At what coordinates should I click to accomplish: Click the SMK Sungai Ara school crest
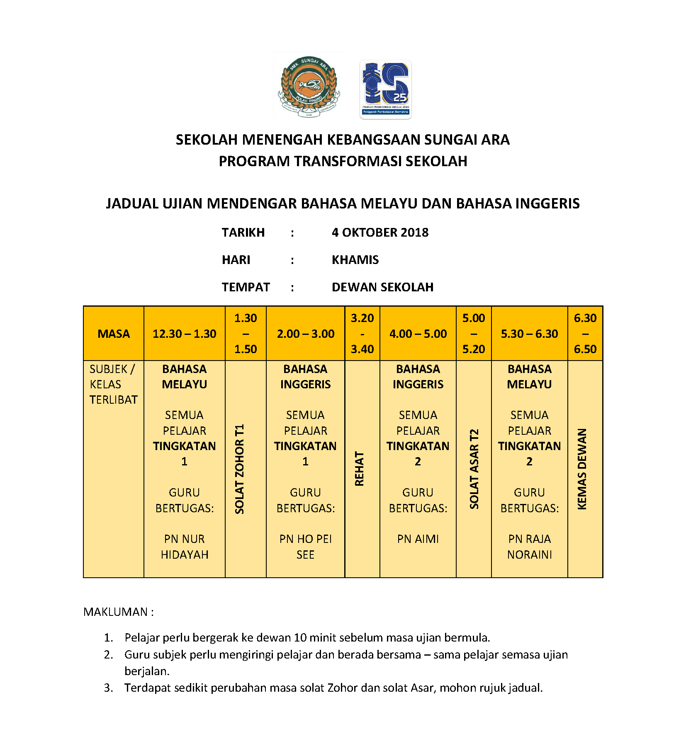[309, 87]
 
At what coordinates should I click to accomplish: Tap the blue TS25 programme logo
[385, 89]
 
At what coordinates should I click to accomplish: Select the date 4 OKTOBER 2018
[380, 232]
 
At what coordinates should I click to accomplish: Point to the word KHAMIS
[355, 260]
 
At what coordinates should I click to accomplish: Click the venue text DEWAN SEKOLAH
[382, 287]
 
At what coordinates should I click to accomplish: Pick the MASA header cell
[114, 334]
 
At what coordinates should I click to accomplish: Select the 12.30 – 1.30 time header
[184, 334]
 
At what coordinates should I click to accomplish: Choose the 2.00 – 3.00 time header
[306, 334]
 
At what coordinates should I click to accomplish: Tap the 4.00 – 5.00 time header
[418, 334]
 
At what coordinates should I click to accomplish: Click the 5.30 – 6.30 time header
[529, 334]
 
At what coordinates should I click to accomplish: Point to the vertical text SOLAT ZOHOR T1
[239, 469]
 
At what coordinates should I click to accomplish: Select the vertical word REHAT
[359, 469]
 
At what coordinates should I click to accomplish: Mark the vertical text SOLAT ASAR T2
[474, 469]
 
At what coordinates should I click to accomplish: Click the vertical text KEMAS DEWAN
[582, 469]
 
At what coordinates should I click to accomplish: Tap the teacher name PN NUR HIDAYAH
[185, 547]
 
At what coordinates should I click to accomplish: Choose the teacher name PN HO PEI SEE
[306, 547]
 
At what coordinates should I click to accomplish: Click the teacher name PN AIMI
[418, 539]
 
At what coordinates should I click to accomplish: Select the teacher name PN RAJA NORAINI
[530, 547]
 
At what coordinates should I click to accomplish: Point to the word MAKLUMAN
[116, 612]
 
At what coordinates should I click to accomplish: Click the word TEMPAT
[246, 287]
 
